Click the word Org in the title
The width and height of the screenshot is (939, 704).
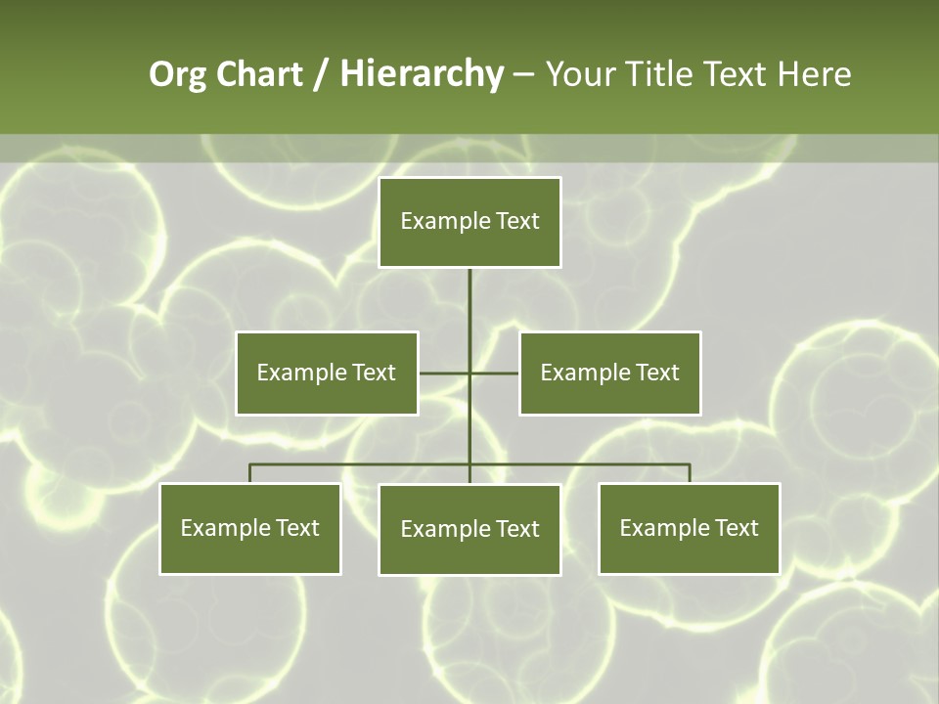click(x=178, y=75)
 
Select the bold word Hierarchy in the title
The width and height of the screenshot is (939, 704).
click(x=421, y=75)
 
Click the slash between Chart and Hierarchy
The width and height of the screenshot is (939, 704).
click(x=321, y=75)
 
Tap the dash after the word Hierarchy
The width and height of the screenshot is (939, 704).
click(x=523, y=75)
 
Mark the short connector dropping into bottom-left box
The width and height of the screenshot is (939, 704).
click(x=250, y=473)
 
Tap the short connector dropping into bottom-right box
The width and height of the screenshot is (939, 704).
click(x=690, y=473)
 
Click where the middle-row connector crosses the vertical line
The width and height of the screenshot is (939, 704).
click(x=469, y=373)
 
